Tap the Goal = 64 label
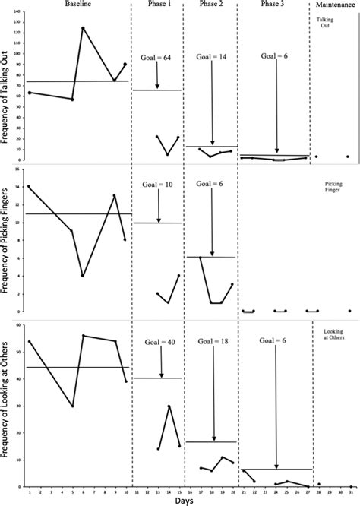click(157, 57)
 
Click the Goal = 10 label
click(157, 185)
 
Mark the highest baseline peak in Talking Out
click(83, 28)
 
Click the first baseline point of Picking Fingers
click(29, 186)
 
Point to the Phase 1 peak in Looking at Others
click(169, 406)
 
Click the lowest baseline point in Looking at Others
click(72, 406)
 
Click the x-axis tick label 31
click(350, 491)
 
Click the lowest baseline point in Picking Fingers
click(83, 276)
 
